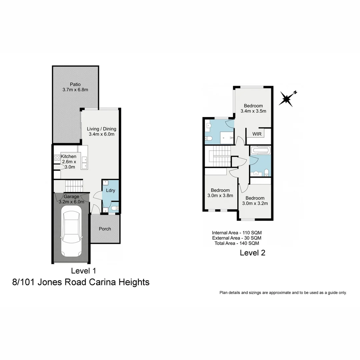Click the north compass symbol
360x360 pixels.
click(287, 99)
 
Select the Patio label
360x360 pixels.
click(75, 84)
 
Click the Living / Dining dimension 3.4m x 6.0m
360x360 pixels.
click(101, 134)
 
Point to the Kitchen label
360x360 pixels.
click(68, 156)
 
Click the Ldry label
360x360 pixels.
click(110, 191)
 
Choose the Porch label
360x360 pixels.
click(105, 229)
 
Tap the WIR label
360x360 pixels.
click(257, 134)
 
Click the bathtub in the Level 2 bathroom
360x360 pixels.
click(260, 150)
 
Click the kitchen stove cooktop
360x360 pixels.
click(57, 158)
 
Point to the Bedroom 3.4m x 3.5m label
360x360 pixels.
click(253, 106)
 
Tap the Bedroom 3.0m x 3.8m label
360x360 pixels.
click(220, 190)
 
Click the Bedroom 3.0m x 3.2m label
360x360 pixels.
click(255, 198)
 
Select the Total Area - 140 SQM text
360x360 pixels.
click(237, 243)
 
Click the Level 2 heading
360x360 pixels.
click(252, 253)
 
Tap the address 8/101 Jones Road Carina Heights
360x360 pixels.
click(81, 282)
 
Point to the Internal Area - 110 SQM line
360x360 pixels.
click(237, 233)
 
